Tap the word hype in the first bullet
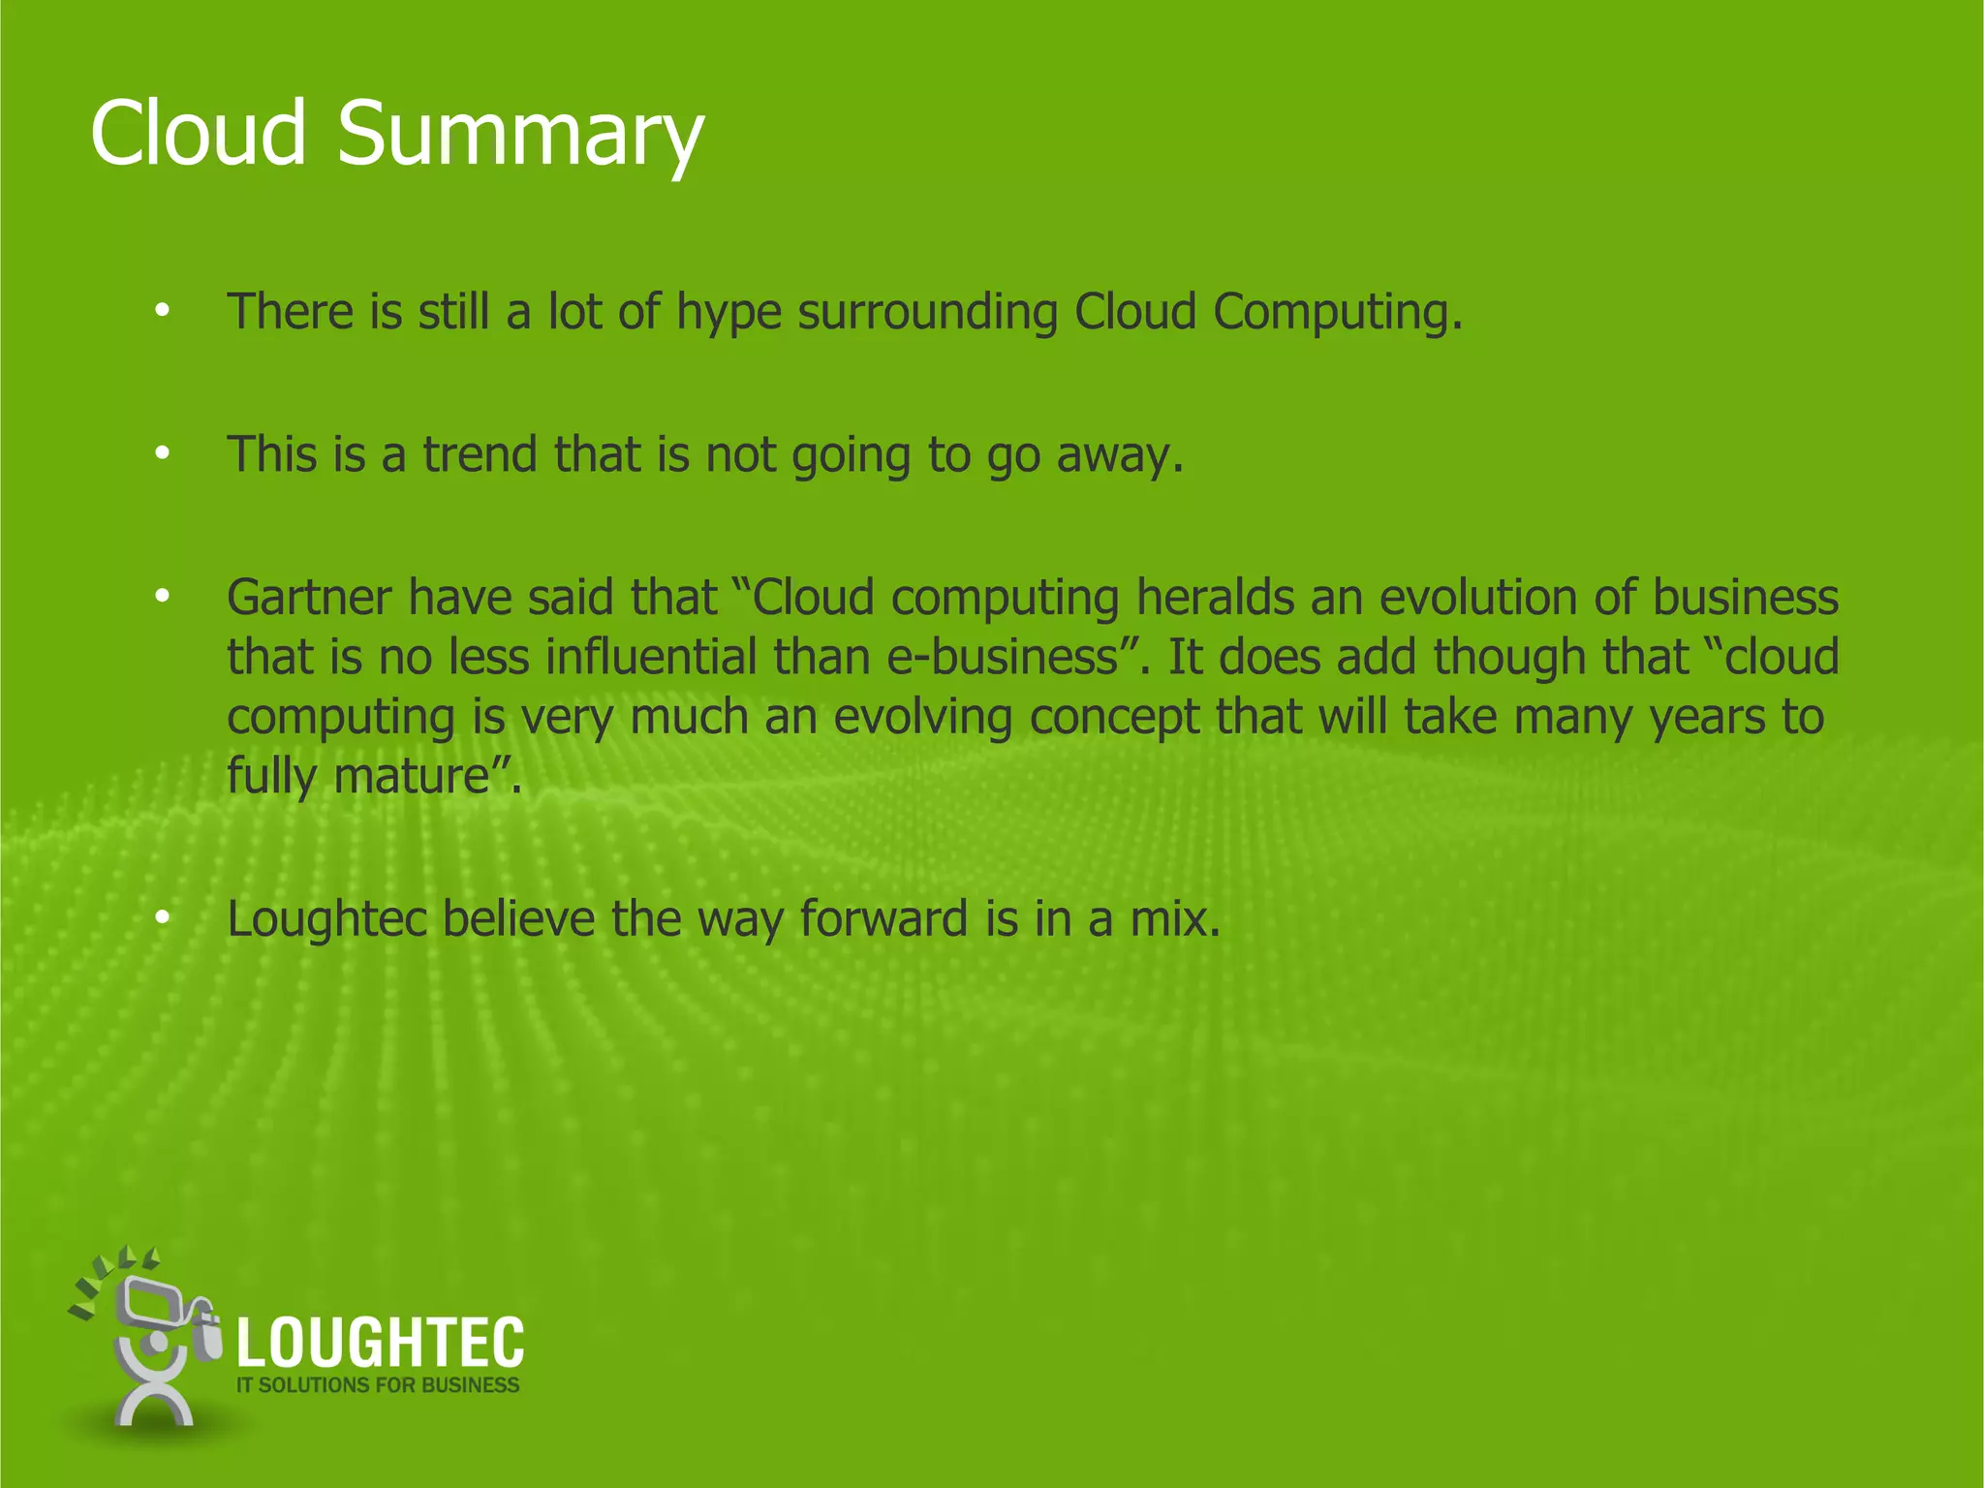pos(728,314)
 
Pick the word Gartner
pos(309,597)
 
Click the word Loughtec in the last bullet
pos(326,918)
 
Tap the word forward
pos(883,918)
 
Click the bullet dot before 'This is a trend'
pos(162,452)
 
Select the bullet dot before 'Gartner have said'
pos(162,595)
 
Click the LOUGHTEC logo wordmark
pos(380,1343)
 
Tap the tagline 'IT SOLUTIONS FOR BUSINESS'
pos(378,1385)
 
